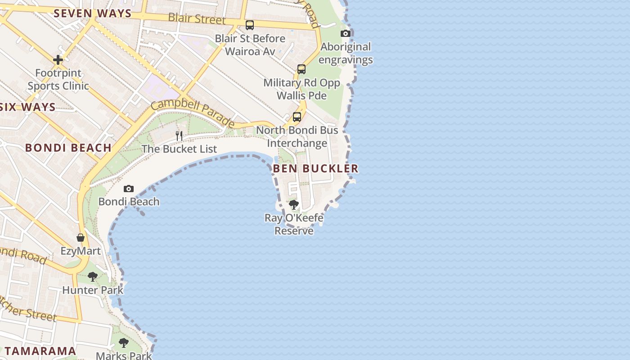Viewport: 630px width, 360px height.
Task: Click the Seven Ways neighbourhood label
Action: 92,13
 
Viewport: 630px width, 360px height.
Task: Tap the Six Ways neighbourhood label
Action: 28,107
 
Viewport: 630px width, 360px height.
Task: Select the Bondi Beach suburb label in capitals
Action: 68,148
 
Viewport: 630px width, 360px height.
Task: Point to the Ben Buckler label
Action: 315,168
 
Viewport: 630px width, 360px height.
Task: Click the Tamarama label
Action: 40,351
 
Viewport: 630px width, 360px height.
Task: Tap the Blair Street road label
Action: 197,19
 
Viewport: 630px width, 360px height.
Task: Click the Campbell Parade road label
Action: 193,113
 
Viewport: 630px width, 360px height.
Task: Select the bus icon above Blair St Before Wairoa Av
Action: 250,25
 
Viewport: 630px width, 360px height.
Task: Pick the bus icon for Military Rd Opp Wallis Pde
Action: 301,69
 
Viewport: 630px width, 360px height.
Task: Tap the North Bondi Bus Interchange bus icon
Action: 297,117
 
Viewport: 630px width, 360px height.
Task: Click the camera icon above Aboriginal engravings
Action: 346,33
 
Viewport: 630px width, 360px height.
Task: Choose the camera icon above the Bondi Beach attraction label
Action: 129,189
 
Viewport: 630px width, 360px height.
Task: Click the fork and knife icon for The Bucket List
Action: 179,135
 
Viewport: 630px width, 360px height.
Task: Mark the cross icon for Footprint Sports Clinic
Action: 58,59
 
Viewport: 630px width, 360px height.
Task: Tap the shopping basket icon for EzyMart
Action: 81,238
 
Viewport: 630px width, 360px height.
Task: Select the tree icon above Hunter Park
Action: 93,277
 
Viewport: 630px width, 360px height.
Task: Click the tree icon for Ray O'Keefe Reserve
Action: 294,205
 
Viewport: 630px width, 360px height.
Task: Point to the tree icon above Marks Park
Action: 124,343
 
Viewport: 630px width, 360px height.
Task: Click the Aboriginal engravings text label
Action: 346,53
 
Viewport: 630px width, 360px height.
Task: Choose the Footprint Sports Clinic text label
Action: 58,79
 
